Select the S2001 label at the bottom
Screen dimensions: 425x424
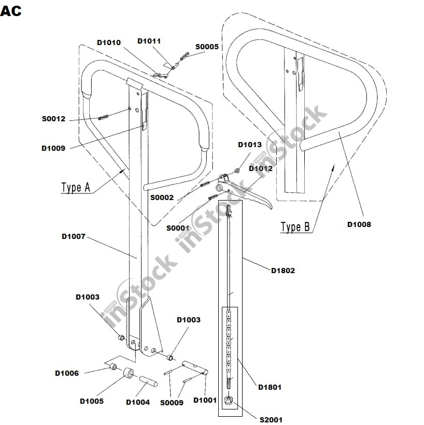(271, 419)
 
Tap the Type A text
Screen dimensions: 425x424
(76, 188)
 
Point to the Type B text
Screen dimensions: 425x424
(295, 226)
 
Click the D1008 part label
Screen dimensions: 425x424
(359, 224)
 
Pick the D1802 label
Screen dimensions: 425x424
(283, 270)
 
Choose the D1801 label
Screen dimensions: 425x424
(270, 387)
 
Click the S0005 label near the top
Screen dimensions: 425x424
(207, 47)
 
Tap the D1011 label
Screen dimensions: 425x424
(149, 40)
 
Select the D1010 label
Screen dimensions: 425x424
(109, 42)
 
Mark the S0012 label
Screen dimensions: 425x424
(54, 118)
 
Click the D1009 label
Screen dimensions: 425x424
(53, 148)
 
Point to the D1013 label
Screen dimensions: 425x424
(250, 145)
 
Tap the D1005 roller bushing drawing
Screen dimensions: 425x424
(128, 373)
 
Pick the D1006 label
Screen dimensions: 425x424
(67, 373)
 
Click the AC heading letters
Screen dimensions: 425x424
(11, 10)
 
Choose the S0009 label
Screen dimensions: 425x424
(172, 402)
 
